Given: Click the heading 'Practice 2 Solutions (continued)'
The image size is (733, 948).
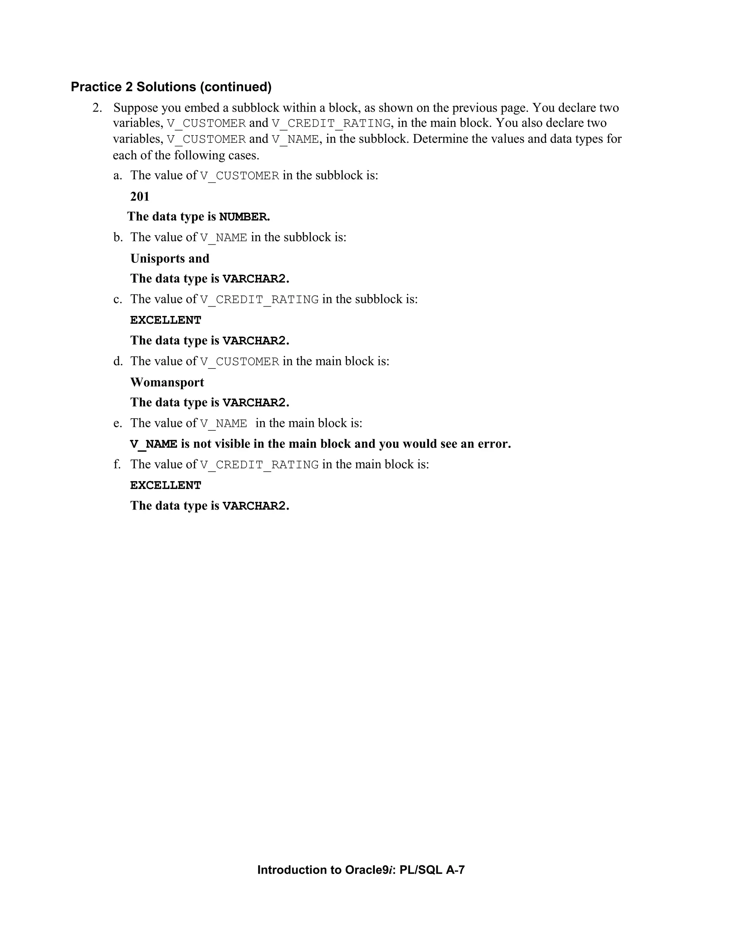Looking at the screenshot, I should coord(171,87).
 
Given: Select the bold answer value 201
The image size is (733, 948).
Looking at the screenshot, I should coord(140,197).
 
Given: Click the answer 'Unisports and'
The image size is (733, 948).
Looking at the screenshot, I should coord(170,259).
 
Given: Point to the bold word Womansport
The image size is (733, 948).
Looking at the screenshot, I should coord(167,382).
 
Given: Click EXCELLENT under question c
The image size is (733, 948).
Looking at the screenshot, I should coord(165,320).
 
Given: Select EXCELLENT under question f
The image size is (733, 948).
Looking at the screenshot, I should coord(165,485).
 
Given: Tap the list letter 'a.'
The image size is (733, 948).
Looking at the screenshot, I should coord(118,175).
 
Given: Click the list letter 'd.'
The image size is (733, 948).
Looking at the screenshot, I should coord(118,361).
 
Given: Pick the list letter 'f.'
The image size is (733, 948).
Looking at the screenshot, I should coord(117,464).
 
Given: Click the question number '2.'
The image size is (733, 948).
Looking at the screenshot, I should coord(97,108).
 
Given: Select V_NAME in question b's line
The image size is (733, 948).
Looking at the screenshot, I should coord(224,238).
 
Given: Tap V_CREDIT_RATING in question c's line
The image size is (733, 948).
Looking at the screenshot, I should coord(259,300).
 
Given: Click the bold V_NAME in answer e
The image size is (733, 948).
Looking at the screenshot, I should coord(154,444).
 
